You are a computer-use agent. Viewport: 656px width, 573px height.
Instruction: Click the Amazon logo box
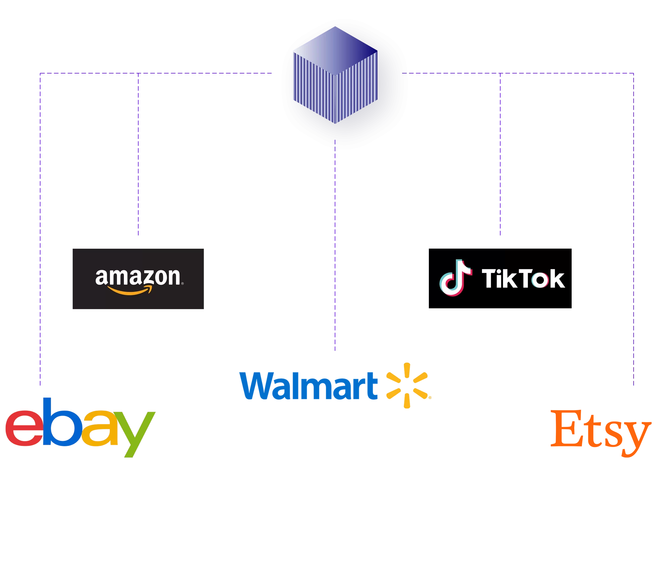point(137,279)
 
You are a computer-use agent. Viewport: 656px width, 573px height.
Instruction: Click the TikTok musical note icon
point(455,278)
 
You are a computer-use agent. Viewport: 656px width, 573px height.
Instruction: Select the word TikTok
point(523,278)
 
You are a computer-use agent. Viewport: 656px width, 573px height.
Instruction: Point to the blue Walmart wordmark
point(312,385)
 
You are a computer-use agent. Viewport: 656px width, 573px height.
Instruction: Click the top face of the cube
point(335,51)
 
